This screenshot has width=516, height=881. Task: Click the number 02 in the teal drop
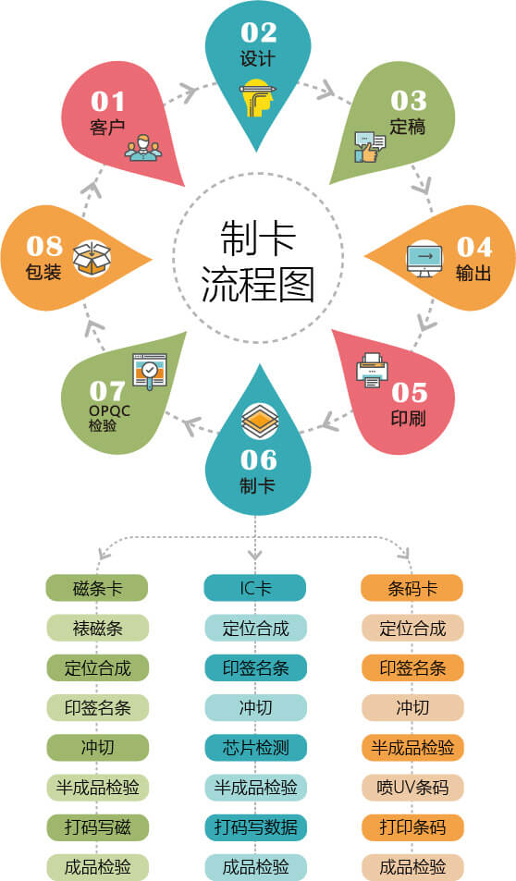click(259, 32)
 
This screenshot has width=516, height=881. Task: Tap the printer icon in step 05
click(372, 370)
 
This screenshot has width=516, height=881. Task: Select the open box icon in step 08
click(92, 258)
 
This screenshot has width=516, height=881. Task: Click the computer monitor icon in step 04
click(424, 259)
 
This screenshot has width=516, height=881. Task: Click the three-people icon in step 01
click(143, 148)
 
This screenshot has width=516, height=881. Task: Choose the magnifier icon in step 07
click(150, 371)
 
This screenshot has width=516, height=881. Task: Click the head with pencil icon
click(259, 98)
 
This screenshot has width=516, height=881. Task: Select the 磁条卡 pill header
click(97, 588)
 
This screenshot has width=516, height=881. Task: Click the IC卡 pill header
click(255, 588)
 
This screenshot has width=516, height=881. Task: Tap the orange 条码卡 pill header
click(412, 588)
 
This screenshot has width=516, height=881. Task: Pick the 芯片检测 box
click(256, 747)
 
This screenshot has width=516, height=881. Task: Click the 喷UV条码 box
click(412, 788)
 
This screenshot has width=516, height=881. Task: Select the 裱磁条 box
click(97, 628)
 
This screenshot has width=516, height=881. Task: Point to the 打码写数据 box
click(256, 827)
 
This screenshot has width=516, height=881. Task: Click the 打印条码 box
click(412, 827)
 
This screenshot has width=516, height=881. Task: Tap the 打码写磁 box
click(97, 827)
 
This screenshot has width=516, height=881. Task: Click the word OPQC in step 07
click(109, 411)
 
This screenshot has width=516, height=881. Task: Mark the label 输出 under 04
click(473, 273)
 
